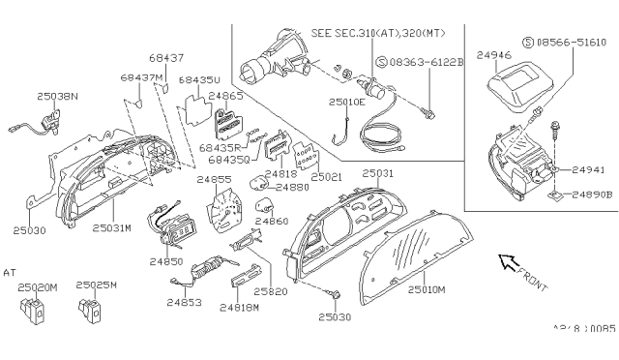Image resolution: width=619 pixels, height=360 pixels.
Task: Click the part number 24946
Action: click(x=494, y=44)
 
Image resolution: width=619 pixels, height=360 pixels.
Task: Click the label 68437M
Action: click(x=140, y=75)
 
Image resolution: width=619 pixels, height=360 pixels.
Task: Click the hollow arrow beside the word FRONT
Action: click(x=507, y=261)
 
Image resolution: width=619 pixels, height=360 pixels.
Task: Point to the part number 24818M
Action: click(x=238, y=307)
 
